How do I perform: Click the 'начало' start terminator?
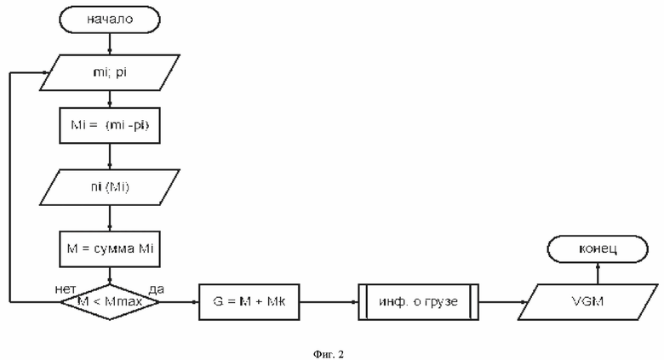pos(110,20)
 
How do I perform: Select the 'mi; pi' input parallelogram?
pos(110,72)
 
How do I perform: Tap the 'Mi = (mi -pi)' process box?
pos(110,125)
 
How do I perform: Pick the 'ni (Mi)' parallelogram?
pos(110,187)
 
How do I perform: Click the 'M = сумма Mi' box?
pos(110,249)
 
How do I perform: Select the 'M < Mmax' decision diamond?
pos(110,302)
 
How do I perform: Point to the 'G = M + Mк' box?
pos(249,302)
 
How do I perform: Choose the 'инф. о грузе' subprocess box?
pos(418,302)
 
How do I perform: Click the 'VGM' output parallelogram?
pos(588,302)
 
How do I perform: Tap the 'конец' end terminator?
pos(598,249)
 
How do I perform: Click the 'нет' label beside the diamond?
pos(66,289)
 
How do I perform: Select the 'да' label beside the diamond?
pos(156,289)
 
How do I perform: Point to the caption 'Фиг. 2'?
pos(329,354)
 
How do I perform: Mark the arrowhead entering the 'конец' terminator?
pos(598,266)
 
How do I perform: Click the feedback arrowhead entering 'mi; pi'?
pos(46,72)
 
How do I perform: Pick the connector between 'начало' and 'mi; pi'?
pos(110,43)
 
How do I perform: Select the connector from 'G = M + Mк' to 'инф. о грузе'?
pos(329,302)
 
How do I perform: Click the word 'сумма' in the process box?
pos(114,249)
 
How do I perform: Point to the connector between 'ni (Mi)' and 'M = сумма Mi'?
pos(110,218)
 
